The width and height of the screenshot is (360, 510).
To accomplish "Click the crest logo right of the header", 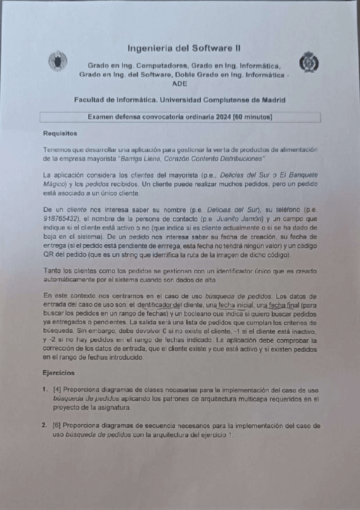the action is [x=310, y=62].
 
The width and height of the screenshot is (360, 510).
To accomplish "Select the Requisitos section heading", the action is [x=60, y=132].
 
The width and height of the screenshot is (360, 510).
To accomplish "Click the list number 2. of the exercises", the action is [x=45, y=425].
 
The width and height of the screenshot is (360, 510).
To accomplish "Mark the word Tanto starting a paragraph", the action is [x=53, y=271].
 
